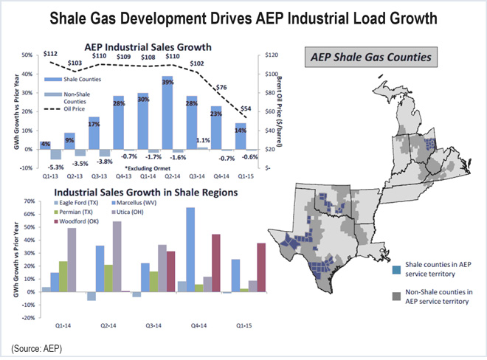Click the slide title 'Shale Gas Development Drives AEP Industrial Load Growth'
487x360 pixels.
click(x=243, y=16)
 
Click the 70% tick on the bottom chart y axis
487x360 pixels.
click(x=27, y=201)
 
